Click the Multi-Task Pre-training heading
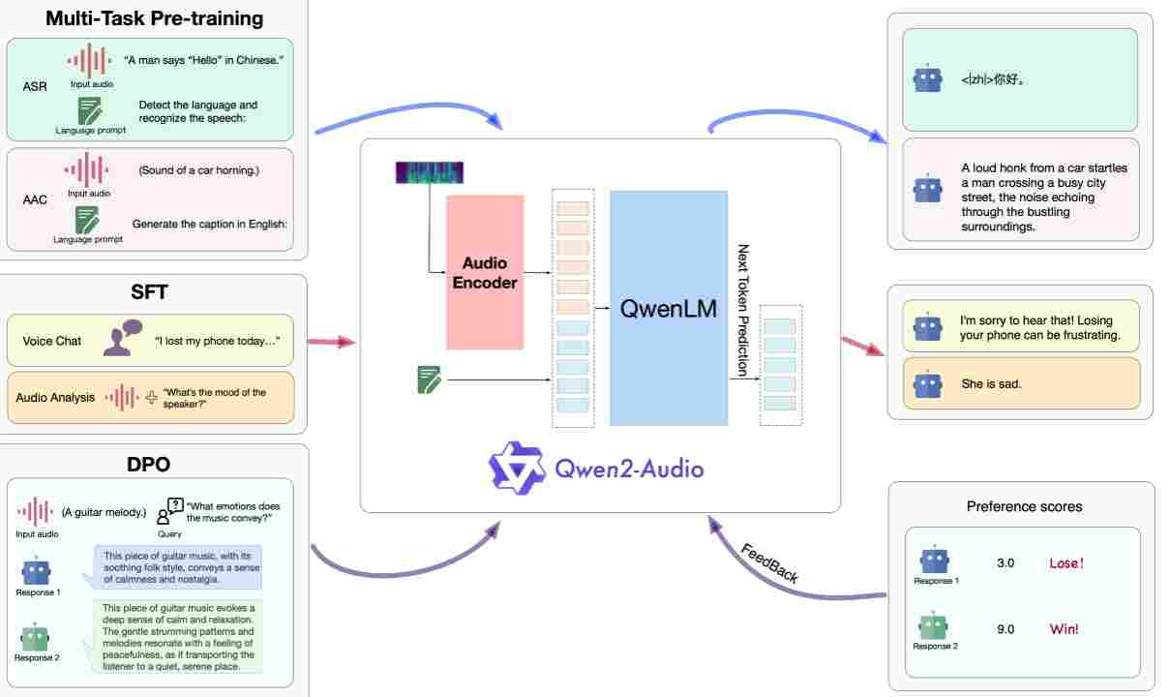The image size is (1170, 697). [x=154, y=17]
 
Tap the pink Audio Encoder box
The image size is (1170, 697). [x=485, y=272]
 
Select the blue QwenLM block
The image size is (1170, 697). [x=668, y=308]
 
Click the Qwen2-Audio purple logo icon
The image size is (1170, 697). [x=518, y=469]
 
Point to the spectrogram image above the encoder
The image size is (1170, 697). [x=430, y=173]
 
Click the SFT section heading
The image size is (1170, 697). [x=151, y=291]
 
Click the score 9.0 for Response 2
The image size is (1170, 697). [x=1005, y=629]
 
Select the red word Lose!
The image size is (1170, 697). [x=1066, y=563]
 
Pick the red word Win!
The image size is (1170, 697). [x=1064, y=629]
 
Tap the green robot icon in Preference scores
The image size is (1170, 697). [x=934, y=626]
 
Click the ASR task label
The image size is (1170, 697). [x=34, y=86]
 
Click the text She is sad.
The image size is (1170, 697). [x=991, y=384]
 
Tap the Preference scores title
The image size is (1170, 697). [x=1024, y=506]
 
